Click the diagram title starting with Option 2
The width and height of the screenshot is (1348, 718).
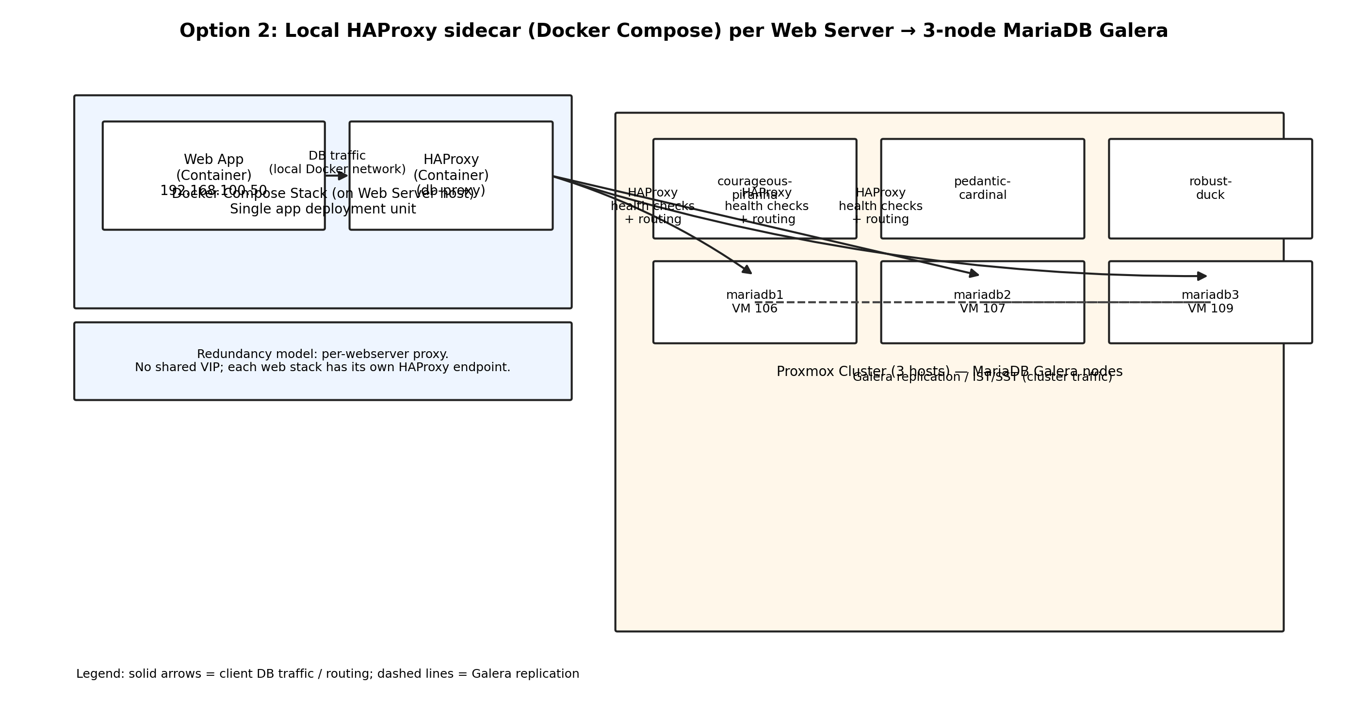673,31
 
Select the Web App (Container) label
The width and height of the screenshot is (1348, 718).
213,167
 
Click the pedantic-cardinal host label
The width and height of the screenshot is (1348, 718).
982,188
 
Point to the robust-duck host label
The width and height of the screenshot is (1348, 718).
1210,188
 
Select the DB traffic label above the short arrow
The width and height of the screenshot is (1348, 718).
337,156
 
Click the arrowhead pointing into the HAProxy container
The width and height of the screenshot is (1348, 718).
343,176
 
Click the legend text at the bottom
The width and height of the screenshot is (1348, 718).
327,674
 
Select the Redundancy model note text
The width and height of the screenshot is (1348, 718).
323,354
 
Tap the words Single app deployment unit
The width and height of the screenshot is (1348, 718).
323,209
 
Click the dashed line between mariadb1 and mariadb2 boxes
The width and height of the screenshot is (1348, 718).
869,302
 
